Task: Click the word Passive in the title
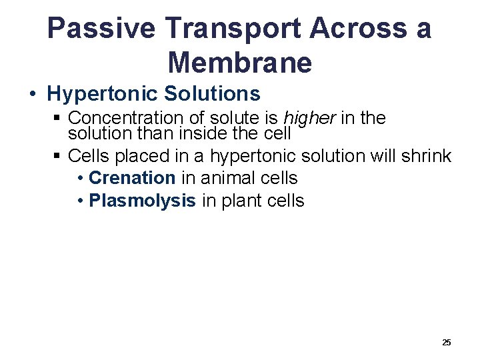click(101, 29)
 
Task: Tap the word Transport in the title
click(236, 29)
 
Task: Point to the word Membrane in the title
click(240, 63)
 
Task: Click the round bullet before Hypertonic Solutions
click(33, 94)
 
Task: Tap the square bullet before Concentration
click(57, 119)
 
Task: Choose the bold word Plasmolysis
click(142, 201)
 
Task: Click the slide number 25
click(446, 342)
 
